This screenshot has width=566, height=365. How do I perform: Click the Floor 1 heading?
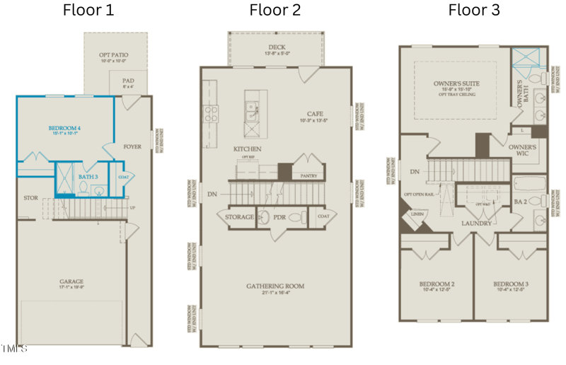coord(88,10)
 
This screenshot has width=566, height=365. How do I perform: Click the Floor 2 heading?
coord(275,10)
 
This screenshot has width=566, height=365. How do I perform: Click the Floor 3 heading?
coord(473,10)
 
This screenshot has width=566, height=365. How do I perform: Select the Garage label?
coord(71,282)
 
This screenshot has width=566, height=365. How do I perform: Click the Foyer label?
coord(132,148)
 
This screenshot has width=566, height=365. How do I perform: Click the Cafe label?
coord(315,114)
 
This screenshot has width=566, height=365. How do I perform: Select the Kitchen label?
coord(248,149)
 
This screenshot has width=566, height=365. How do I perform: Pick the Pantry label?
coord(309,175)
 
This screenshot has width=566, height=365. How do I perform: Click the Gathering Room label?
coord(275,286)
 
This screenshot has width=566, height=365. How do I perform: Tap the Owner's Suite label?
coord(456,83)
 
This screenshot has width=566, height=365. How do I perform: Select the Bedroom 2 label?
coord(437,284)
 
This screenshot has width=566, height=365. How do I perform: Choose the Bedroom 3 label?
coord(511,284)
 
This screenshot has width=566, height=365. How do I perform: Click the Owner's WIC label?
coord(524,150)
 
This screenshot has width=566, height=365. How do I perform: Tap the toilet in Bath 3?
coord(83,188)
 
